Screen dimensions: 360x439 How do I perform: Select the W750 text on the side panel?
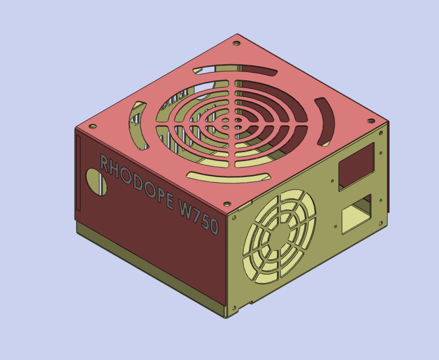pos(197,217)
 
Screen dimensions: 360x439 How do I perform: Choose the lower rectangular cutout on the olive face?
pos(356,212)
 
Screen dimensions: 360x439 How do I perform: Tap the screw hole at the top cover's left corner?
pos(93,127)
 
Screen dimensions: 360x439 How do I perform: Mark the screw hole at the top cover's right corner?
pos(370,120)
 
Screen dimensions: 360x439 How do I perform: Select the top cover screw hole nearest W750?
pos(227,204)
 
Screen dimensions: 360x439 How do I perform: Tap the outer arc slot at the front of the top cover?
pos(225,178)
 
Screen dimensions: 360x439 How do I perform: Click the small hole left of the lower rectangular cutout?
pos(336,227)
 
